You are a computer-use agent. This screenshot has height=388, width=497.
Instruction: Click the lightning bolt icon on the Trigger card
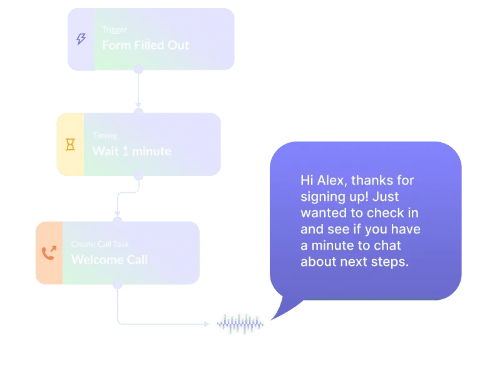[81, 39]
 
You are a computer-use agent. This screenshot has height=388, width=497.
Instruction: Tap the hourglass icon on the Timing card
[70, 145]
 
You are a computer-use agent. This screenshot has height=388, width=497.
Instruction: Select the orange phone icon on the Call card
[49, 253]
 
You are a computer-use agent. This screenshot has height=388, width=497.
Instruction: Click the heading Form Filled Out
[145, 45]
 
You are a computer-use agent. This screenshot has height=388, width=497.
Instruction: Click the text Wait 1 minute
[131, 151]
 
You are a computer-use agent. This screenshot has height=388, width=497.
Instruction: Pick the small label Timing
[105, 135]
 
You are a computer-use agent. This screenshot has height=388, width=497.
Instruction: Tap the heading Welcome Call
[110, 259]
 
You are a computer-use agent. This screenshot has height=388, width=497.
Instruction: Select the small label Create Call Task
[100, 244]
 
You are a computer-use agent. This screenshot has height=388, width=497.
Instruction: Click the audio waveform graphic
[240, 324]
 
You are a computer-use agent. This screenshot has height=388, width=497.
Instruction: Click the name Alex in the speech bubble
[332, 180]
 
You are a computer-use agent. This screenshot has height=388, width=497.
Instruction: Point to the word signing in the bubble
[321, 197]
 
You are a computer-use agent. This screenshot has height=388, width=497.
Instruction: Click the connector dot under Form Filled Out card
[139, 69]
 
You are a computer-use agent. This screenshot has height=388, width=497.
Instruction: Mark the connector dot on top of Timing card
[139, 113]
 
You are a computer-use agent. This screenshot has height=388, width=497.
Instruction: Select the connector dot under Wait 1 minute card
[139, 176]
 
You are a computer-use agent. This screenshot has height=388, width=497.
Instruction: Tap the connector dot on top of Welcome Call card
[117, 221]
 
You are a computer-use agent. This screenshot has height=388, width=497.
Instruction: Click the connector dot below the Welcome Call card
[117, 285]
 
